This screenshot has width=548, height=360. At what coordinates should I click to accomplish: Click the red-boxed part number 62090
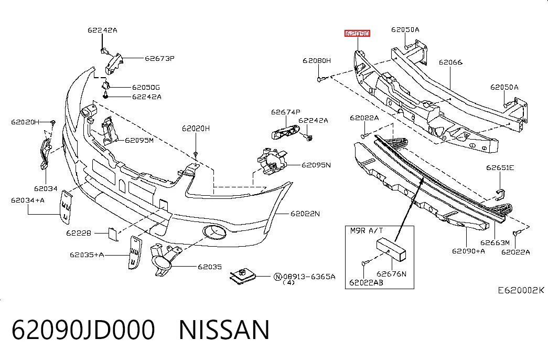point(357,34)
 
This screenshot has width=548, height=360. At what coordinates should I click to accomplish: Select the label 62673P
point(160,58)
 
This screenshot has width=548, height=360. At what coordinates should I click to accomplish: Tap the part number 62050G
point(146,88)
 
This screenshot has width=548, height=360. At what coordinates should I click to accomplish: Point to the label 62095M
point(139,140)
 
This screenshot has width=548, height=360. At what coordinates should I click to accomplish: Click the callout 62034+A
point(28,200)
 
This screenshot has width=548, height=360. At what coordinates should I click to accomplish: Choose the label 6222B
point(79,233)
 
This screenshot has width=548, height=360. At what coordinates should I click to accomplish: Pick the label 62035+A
point(87,255)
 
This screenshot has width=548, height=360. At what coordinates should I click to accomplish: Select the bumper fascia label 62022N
point(305,214)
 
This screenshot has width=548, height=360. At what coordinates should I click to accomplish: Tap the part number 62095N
point(316,165)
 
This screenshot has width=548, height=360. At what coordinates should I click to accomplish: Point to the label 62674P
point(285,112)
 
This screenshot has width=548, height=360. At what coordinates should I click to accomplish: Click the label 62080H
point(317,60)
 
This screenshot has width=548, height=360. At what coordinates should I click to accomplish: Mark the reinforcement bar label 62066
point(450,62)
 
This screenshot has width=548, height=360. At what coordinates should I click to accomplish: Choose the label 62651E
point(500,167)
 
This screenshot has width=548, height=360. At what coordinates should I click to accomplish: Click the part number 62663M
point(495,242)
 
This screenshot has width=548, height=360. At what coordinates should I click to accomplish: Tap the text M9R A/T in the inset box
point(367,230)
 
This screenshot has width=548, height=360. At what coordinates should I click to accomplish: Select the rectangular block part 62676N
point(391,249)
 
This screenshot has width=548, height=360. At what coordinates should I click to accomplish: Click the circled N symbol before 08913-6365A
point(277,277)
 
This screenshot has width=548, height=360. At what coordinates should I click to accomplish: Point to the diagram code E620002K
point(521,290)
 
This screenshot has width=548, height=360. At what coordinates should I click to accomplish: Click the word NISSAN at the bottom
point(224,330)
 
